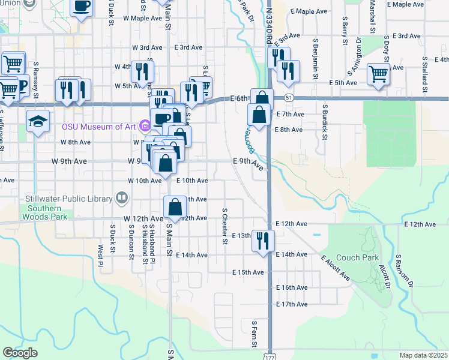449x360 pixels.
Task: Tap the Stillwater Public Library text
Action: (x=69, y=199)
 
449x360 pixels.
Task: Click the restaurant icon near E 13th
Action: (x=263, y=240)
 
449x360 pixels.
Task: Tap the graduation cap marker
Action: (x=38, y=122)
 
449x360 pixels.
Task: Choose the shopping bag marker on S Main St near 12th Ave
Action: (x=174, y=207)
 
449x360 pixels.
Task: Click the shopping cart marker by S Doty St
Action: (x=378, y=74)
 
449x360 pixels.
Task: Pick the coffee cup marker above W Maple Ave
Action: (x=82, y=7)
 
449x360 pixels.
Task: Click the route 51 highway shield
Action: (x=289, y=97)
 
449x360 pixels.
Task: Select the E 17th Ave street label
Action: (x=292, y=304)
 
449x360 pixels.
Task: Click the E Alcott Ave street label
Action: (x=335, y=268)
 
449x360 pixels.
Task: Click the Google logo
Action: (x=20, y=353)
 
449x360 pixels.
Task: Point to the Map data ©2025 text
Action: (x=424, y=355)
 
